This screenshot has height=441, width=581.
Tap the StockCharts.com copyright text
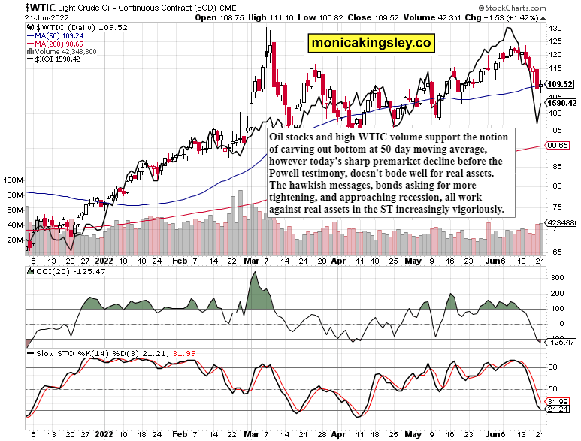[540, 7]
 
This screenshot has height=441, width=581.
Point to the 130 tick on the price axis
[555, 28]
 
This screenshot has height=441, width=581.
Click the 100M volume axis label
[13, 181]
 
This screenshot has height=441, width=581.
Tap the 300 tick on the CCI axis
[557, 278]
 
